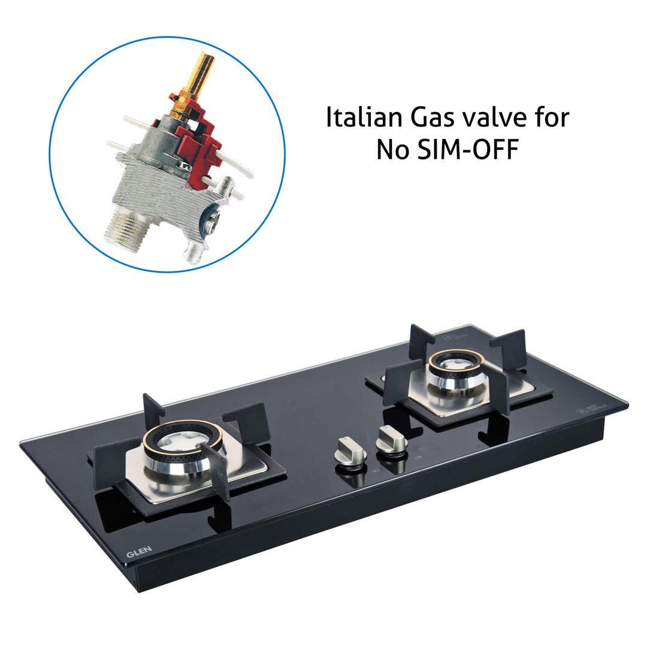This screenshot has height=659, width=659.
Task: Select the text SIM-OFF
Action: pos(465,150)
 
